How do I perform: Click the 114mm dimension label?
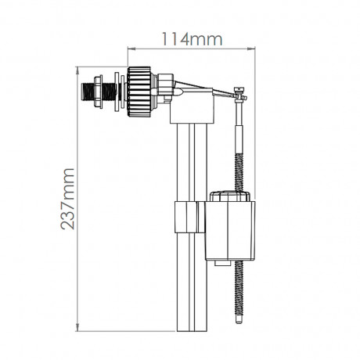tap(193, 39)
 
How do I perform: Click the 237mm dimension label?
tap(67, 199)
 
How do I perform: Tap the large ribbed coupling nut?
tap(139, 92)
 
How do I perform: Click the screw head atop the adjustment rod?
tap(239, 89)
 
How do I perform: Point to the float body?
tap(230, 230)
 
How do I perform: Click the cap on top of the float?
tap(230, 196)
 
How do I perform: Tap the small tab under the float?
tap(223, 263)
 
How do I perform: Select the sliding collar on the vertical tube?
tap(189, 217)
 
